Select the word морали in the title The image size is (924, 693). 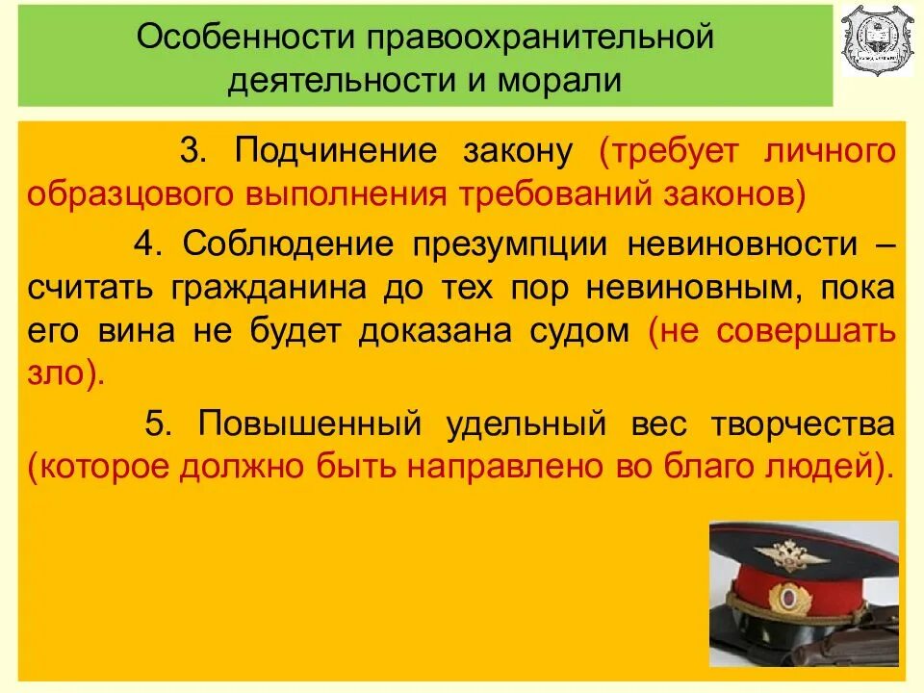point(560,80)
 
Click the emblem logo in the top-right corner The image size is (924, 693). point(877,40)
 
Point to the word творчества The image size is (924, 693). point(804,423)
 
